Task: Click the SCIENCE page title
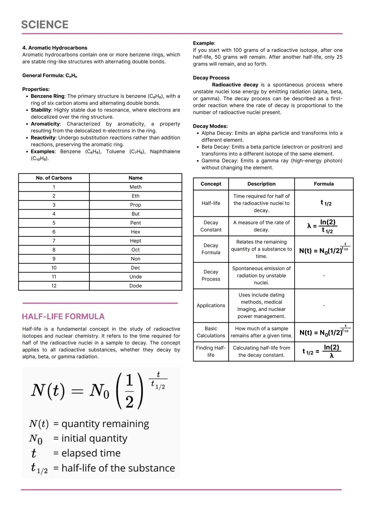[x=45, y=25]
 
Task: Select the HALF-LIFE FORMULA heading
[x=63, y=317]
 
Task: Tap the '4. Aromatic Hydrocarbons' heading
[x=55, y=48]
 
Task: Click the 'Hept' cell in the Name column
[x=135, y=241]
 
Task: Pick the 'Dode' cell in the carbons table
[x=135, y=286]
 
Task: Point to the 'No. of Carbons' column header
[x=54, y=178]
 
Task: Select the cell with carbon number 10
[x=54, y=268]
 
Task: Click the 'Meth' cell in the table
[x=135, y=187]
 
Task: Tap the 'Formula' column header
[x=324, y=184]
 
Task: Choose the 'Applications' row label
[x=211, y=305]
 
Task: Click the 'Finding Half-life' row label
[x=211, y=351]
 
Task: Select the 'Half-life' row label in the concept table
[x=211, y=203]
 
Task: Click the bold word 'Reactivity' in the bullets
[x=43, y=138]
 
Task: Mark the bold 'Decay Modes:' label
[x=210, y=126]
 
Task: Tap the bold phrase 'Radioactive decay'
[x=235, y=85]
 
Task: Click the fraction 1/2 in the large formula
[x=129, y=391]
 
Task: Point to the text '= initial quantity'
[x=90, y=438]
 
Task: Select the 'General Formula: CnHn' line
[x=49, y=76]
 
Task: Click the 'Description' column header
[x=261, y=184]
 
